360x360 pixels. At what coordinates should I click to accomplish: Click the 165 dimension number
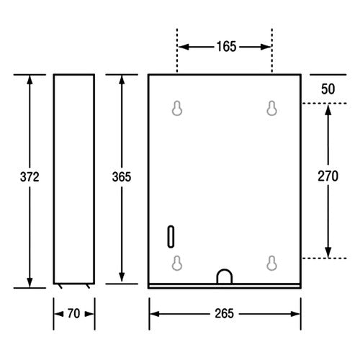coord(226,47)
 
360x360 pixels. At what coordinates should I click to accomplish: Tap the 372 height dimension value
coord(30,177)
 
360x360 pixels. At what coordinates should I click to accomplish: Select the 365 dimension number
coord(122,177)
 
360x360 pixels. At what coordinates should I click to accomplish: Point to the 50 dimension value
coord(328,89)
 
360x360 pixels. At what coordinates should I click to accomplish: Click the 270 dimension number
coord(328,176)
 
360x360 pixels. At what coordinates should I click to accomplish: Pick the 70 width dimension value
coord(73,313)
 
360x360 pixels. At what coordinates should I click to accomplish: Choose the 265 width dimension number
coord(224,313)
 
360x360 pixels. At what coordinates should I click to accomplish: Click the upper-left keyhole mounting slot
coord(177,108)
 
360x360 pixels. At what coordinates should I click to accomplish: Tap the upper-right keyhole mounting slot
coord(272,108)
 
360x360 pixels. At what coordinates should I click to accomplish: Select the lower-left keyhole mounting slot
coord(177,264)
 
